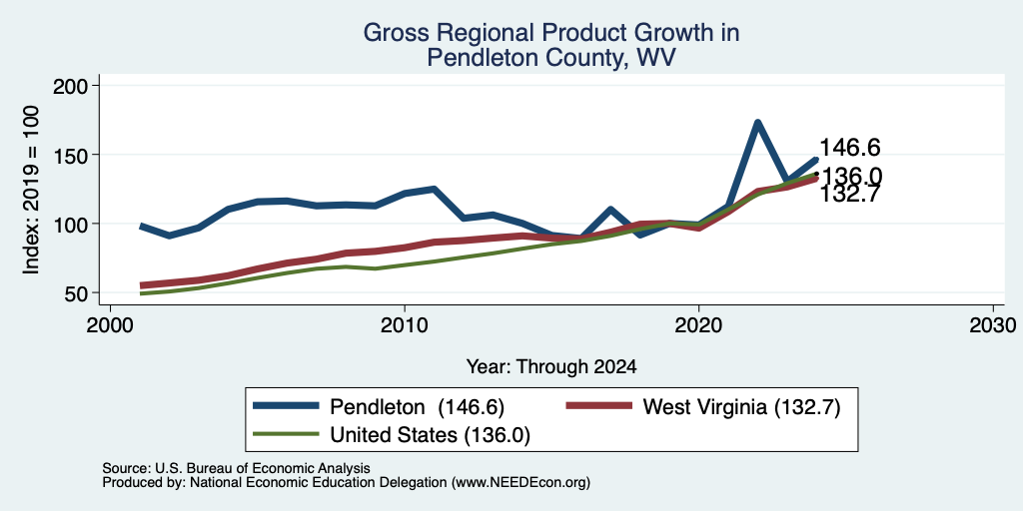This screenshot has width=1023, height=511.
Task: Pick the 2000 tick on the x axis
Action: tap(110, 324)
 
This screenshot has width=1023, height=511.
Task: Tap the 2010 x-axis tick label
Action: tap(405, 324)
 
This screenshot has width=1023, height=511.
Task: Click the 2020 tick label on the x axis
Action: tap(698, 324)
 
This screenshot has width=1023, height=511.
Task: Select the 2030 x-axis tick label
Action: tap(993, 324)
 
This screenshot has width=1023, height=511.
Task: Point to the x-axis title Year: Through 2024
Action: tap(551, 367)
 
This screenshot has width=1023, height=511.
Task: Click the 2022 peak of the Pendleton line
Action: tap(757, 123)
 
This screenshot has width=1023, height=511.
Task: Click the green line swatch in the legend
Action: tap(287, 434)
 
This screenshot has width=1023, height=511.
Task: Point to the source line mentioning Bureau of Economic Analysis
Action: tap(236, 468)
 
